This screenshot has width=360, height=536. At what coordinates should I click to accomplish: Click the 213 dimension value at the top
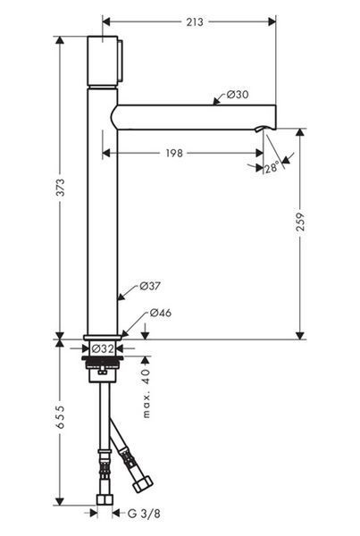195,22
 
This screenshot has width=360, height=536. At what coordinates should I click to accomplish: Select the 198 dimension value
174,153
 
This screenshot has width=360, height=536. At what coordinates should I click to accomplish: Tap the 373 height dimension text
60,188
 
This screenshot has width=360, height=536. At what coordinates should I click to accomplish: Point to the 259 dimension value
300,222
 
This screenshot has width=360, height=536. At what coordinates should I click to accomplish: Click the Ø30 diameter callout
238,95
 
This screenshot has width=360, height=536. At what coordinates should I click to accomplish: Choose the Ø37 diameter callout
150,286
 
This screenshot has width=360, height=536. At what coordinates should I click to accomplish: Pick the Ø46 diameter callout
161,313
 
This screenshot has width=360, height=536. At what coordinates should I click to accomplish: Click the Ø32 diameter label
103,349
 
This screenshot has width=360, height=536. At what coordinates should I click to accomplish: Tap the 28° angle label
272,168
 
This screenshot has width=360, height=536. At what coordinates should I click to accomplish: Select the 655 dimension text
60,417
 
